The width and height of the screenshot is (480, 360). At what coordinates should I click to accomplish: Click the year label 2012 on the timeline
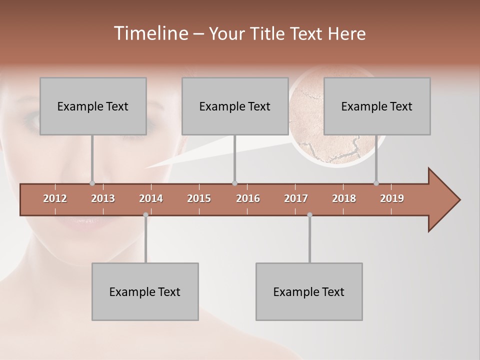click(55, 198)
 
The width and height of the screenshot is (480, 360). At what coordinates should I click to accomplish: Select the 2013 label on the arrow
click(103, 198)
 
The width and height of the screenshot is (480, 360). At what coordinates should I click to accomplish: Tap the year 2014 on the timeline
click(151, 198)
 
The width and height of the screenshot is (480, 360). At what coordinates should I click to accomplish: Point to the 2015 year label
click(199, 198)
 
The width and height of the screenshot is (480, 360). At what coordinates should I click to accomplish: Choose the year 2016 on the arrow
click(248, 198)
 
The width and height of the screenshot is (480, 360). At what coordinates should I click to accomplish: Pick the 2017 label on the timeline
click(296, 198)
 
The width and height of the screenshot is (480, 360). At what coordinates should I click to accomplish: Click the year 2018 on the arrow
click(344, 198)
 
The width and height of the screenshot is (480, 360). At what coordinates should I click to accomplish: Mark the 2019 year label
click(392, 198)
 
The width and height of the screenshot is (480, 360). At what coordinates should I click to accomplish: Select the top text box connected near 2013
click(93, 106)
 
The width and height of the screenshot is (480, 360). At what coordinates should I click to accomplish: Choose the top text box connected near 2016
click(235, 106)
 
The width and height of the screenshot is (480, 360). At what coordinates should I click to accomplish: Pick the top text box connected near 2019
click(377, 106)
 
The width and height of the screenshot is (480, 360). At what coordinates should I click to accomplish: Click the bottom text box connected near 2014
click(145, 291)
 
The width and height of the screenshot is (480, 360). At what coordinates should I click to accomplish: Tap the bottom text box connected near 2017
click(309, 291)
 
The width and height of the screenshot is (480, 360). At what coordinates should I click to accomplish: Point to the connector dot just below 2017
click(309, 214)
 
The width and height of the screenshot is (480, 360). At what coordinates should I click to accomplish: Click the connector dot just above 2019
click(376, 183)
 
